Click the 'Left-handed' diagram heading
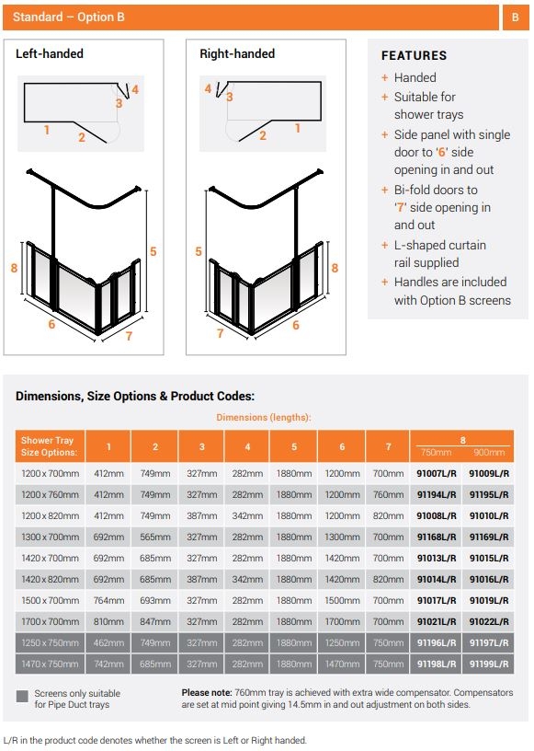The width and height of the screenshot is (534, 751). pyautogui.click(x=50, y=54)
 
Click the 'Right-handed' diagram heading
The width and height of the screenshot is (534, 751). pyautogui.click(x=237, y=54)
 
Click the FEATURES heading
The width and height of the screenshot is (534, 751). pyautogui.click(x=414, y=55)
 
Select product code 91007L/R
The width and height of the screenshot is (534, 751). pyautogui.click(x=437, y=473)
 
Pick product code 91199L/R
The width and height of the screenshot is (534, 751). pyautogui.click(x=489, y=664)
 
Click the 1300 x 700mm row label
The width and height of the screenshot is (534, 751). pyautogui.click(x=51, y=537)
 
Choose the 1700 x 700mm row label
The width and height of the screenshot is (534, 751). pyautogui.click(x=51, y=621)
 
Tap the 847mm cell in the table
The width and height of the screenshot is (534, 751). pyautogui.click(x=154, y=621)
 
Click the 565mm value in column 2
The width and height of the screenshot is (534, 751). pyautogui.click(x=154, y=537)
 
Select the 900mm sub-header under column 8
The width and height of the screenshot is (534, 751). pyautogui.click(x=489, y=453)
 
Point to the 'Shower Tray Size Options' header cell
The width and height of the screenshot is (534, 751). pyautogui.click(x=51, y=446)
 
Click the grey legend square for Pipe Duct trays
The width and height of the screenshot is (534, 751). pyautogui.click(x=22, y=697)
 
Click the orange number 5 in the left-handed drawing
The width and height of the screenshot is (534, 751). pyautogui.click(x=153, y=251)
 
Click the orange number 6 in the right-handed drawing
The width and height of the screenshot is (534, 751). pyautogui.click(x=295, y=326)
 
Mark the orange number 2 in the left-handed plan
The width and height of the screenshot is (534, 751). pyautogui.click(x=81, y=138)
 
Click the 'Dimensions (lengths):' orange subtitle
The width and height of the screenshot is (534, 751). pyautogui.click(x=264, y=417)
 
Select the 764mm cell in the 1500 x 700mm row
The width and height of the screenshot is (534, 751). pyautogui.click(x=108, y=600)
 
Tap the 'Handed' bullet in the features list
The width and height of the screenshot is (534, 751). pyautogui.click(x=415, y=78)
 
